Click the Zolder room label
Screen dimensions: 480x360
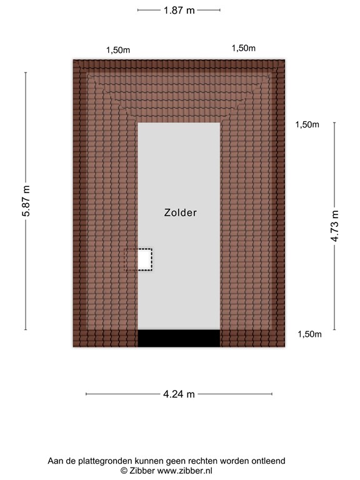click(180, 212)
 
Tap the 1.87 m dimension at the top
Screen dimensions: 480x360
click(179, 10)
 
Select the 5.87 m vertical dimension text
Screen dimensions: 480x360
click(26, 201)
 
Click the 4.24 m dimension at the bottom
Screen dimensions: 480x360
click(179, 394)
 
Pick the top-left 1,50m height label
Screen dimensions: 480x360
click(117, 50)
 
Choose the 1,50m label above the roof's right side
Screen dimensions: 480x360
click(244, 48)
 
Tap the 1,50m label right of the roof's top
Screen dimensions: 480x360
click(307, 124)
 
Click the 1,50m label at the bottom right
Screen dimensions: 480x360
click(309, 334)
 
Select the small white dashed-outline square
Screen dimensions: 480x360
click(144, 259)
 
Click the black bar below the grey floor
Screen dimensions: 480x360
click(179, 338)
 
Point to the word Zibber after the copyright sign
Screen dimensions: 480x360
click(144, 470)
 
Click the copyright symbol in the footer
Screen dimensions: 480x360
click(124, 470)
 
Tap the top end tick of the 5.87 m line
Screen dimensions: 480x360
click(26, 72)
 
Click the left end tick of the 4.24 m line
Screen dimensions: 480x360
click(86, 394)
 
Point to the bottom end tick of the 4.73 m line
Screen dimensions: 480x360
click(335, 330)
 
